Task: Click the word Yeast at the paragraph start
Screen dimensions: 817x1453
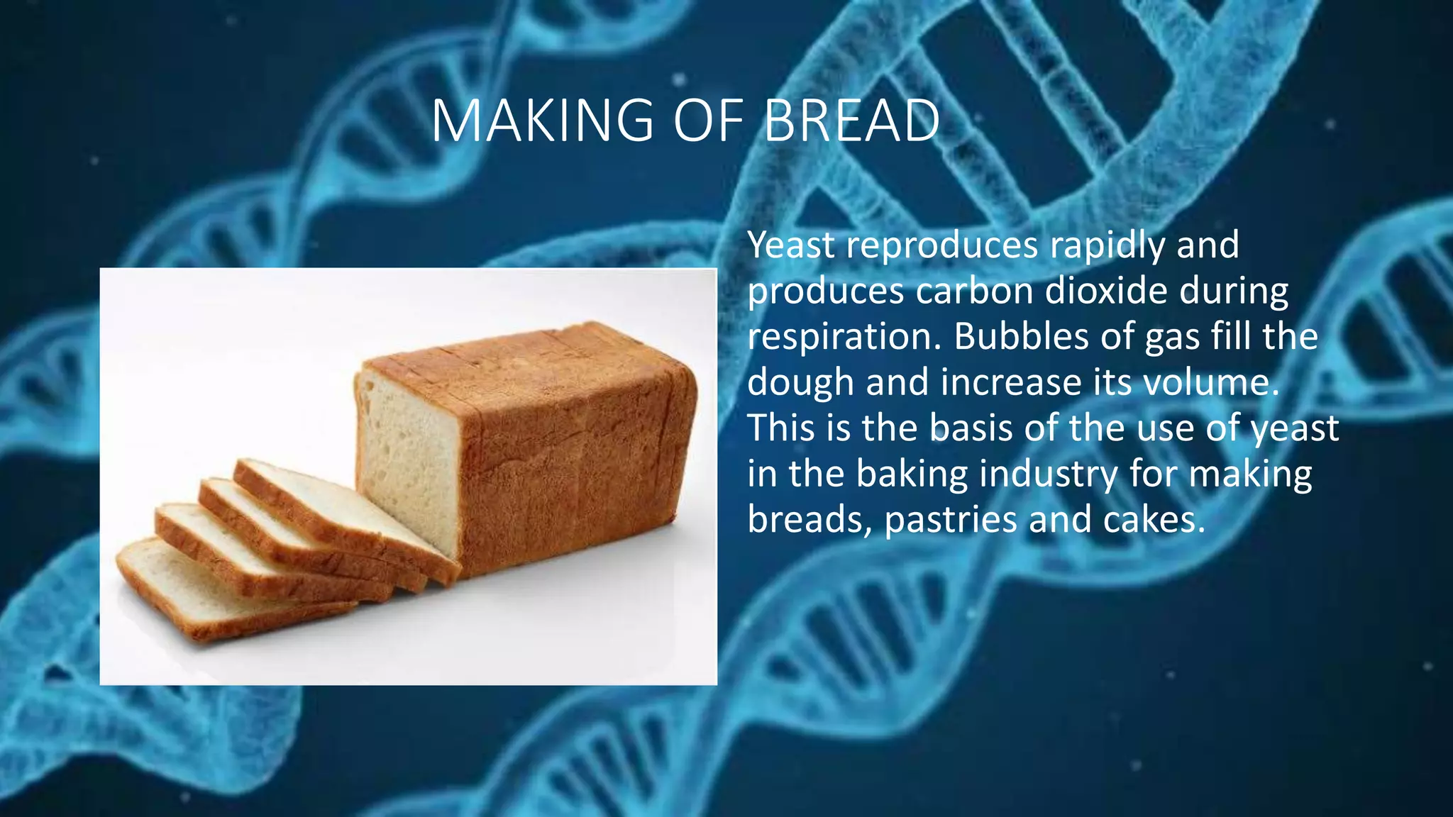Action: point(791,245)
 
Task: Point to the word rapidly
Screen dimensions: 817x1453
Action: point(1107,245)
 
